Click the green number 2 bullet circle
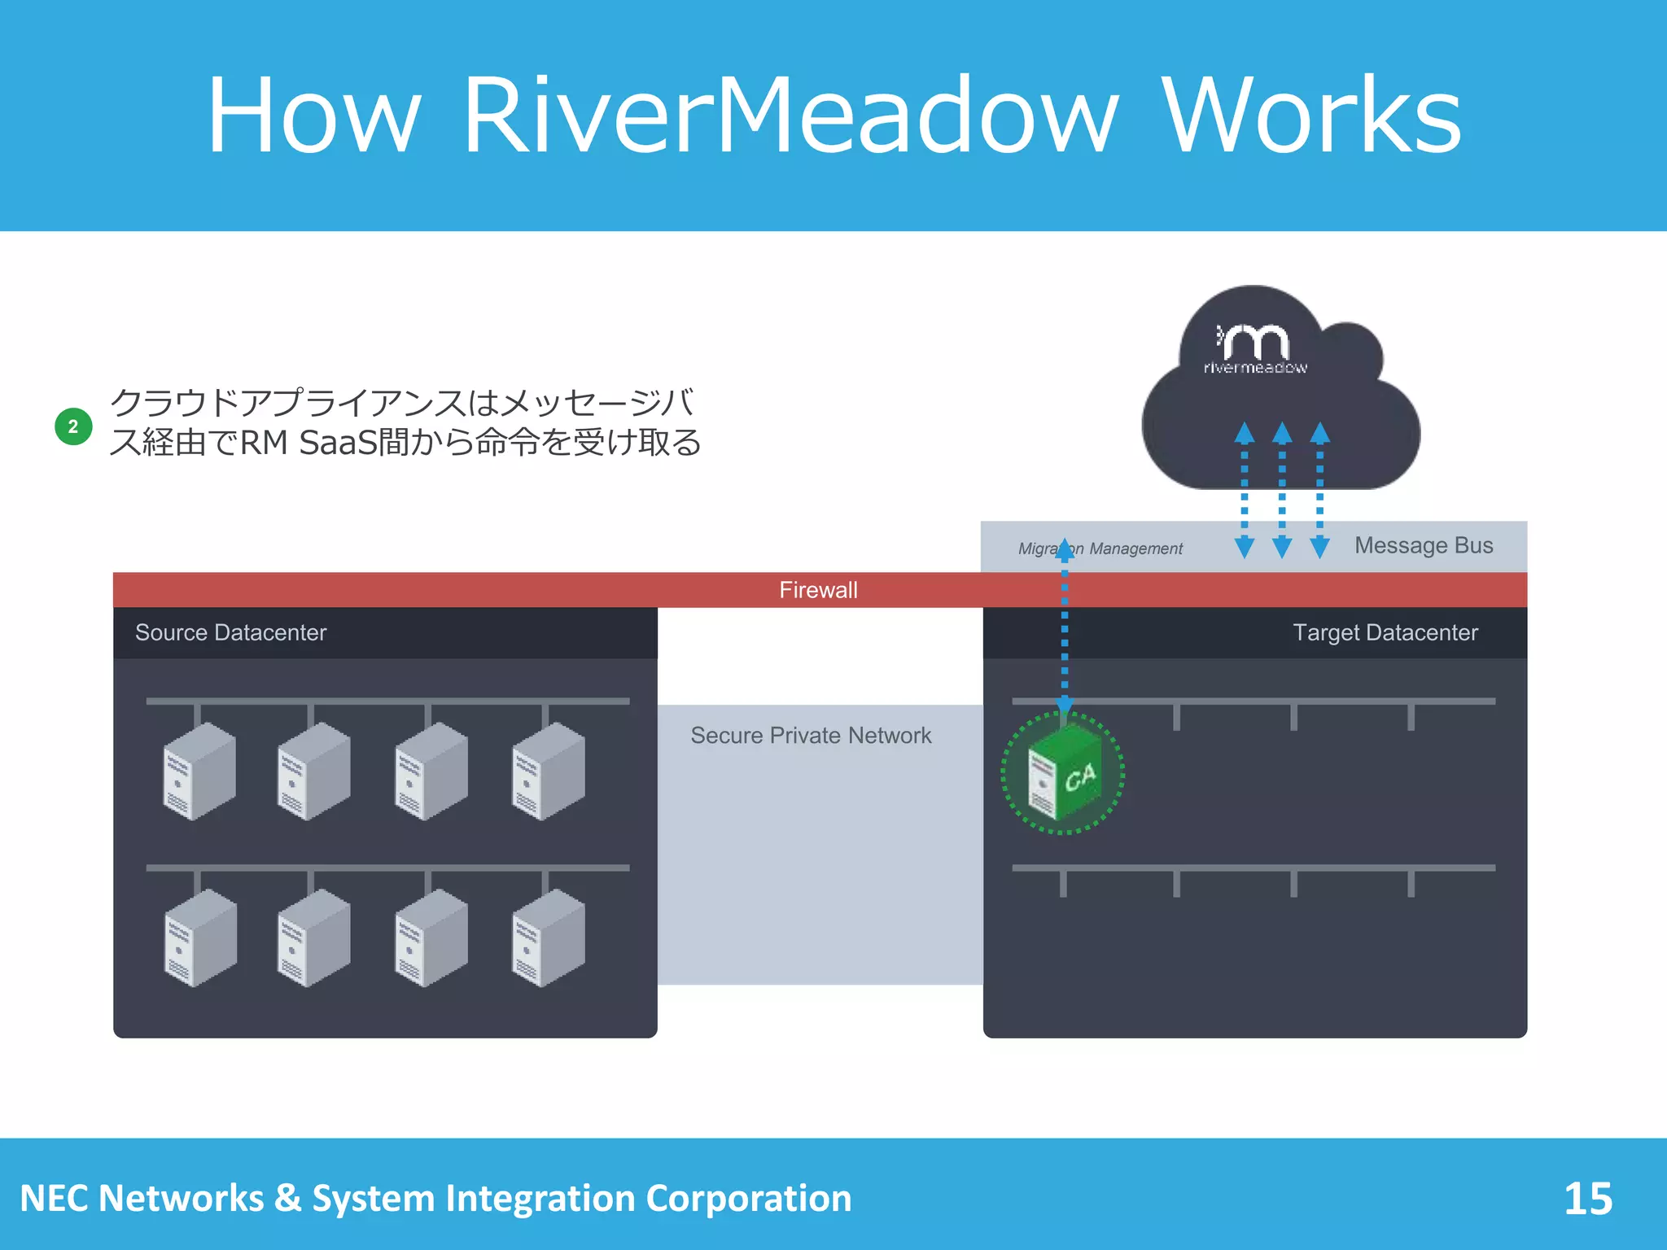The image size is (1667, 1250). [x=73, y=426]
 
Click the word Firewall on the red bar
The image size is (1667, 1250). [x=818, y=590]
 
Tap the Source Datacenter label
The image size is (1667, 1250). [x=230, y=632]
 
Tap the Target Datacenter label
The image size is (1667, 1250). [x=1385, y=632]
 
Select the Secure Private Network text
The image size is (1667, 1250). [x=811, y=736]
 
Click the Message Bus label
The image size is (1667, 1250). [x=1424, y=545]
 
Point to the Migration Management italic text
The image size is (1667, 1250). [x=1100, y=549]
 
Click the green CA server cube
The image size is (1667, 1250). [x=1063, y=773]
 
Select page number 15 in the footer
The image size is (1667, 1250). [x=1587, y=1199]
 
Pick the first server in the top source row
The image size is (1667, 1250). [x=199, y=771]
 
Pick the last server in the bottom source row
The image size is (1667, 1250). [x=548, y=937]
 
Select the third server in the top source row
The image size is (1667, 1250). [x=431, y=771]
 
